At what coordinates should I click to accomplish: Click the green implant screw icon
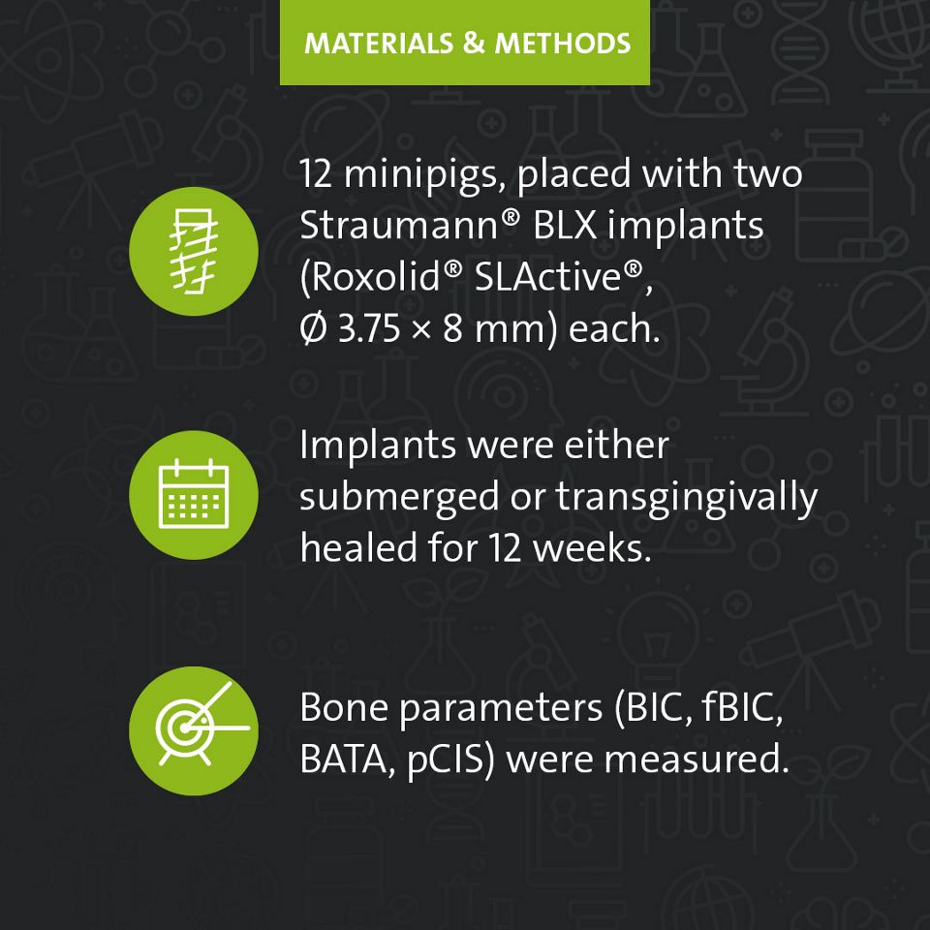click(x=194, y=251)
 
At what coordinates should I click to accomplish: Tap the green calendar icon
click(x=194, y=495)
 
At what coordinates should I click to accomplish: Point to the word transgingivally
click(x=687, y=497)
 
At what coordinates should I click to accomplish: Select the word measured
click(x=696, y=759)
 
